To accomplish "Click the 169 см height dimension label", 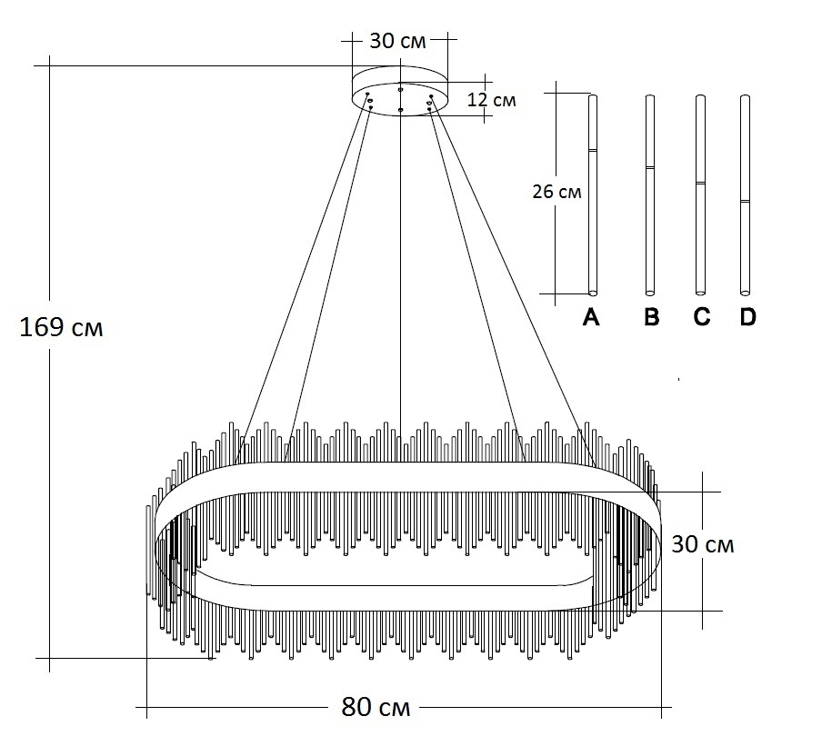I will [x=62, y=327].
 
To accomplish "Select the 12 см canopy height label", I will [x=491, y=99].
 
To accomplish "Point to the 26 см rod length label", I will [x=557, y=193].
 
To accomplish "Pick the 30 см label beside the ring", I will [x=702, y=544].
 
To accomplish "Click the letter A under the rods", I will [x=591, y=317].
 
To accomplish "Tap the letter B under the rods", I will [x=650, y=317].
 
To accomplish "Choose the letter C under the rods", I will [x=700, y=317].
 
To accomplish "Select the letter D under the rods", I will [x=747, y=317].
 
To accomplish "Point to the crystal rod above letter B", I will [x=650, y=227].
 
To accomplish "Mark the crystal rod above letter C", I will [x=700, y=227].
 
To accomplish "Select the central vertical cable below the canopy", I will [x=401, y=273].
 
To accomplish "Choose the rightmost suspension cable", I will [x=509, y=273].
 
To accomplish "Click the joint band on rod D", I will [x=746, y=201].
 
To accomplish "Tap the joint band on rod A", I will [x=593, y=149].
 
